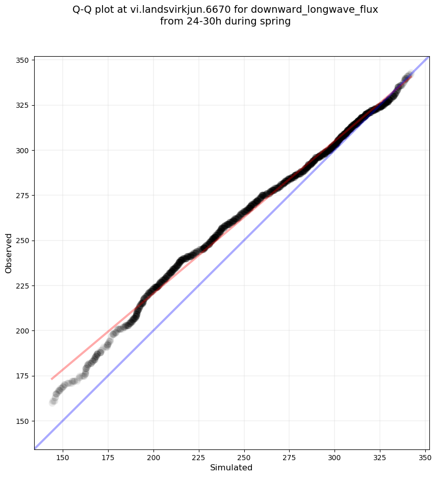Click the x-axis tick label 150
[63, 458]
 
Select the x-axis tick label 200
[153, 458]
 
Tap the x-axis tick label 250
[244, 458]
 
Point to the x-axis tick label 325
[380, 458]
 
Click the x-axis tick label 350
[425, 458]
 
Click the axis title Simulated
[231, 468]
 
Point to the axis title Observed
[9, 253]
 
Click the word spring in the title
[275, 22]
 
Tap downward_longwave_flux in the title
[314, 10]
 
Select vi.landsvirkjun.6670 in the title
[181, 10]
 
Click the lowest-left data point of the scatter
[53, 402]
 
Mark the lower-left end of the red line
[52, 379]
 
